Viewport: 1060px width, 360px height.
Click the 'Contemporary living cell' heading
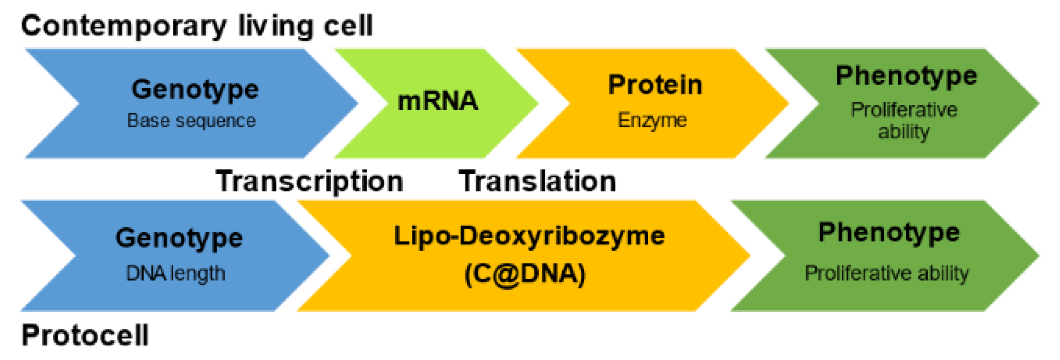tap(197, 26)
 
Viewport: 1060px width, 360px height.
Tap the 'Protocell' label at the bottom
tap(85, 335)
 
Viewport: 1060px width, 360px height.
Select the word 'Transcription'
tap(309, 181)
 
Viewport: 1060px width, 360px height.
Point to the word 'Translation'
tap(537, 181)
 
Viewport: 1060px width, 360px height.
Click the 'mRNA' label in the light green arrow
tap(438, 101)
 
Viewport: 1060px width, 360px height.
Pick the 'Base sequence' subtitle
tap(191, 121)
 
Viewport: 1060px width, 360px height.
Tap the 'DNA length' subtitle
tap(176, 274)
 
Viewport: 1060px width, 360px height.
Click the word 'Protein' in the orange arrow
tap(655, 85)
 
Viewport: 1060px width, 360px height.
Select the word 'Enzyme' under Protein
tap(652, 120)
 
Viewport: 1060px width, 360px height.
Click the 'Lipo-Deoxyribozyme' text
tap(529, 236)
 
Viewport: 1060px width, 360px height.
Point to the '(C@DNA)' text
tap(525, 274)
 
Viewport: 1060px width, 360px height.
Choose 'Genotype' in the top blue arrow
tap(195, 89)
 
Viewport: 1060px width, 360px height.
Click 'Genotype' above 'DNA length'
tap(179, 238)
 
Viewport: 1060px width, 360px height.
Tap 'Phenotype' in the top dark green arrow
tap(906, 76)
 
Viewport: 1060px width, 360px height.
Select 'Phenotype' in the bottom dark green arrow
tap(889, 233)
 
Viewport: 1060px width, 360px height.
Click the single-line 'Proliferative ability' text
tap(887, 274)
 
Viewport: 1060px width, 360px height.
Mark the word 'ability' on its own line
tap(904, 131)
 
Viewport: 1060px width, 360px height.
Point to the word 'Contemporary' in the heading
tap(124, 26)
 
